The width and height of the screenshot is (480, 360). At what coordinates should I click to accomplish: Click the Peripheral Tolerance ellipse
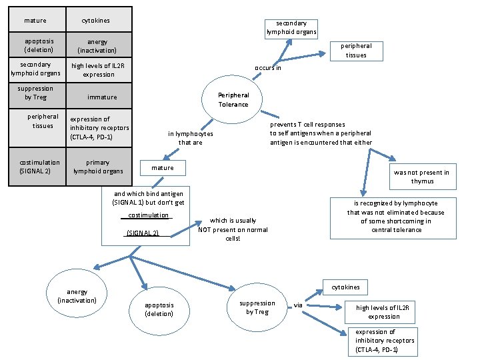click(x=233, y=100)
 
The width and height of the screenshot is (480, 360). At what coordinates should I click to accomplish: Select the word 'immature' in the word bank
click(x=102, y=97)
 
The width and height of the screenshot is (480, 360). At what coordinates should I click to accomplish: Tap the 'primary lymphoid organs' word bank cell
click(x=98, y=167)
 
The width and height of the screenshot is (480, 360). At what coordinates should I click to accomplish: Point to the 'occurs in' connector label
click(x=268, y=67)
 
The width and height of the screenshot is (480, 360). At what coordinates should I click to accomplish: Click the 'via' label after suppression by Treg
click(x=298, y=305)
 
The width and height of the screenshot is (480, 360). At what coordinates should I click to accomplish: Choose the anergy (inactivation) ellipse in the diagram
click(x=77, y=296)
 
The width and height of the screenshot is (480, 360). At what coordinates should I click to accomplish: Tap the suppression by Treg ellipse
click(x=257, y=307)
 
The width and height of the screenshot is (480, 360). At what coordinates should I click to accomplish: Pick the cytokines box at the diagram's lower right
click(x=345, y=287)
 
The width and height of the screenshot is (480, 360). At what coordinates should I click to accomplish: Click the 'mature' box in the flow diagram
click(x=162, y=168)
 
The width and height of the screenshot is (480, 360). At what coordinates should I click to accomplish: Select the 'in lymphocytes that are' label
click(x=190, y=138)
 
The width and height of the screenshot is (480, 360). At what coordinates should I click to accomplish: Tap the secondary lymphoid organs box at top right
click(x=291, y=27)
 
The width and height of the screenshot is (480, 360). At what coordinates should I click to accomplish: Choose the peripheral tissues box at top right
click(x=356, y=51)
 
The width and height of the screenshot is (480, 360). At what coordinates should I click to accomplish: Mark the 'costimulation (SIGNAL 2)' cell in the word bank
click(x=39, y=167)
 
